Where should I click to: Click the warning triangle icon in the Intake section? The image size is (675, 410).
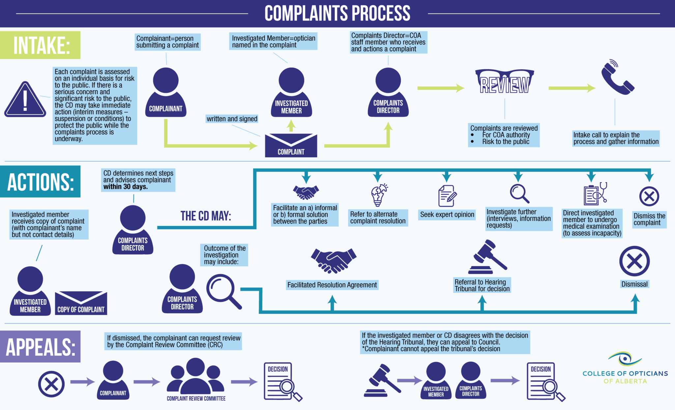click(x=25, y=100)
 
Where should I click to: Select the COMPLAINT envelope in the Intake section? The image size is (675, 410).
click(x=291, y=145)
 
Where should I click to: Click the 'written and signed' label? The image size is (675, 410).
click(x=232, y=119)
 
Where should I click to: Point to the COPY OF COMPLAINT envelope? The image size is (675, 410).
click(x=81, y=303)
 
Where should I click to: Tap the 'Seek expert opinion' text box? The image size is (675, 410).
click(x=447, y=215)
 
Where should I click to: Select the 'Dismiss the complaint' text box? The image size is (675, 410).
click(x=649, y=219)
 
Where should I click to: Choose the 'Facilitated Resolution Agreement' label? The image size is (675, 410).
click(x=332, y=285)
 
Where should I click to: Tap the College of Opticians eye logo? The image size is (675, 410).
click(x=624, y=359)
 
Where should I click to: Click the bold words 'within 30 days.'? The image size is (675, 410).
click(x=126, y=187)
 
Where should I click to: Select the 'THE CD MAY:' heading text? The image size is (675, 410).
click(x=206, y=216)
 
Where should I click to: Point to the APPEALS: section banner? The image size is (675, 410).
click(x=40, y=347)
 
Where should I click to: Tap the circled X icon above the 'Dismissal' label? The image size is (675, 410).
click(x=634, y=261)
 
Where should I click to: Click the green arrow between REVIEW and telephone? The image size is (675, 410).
click(x=572, y=88)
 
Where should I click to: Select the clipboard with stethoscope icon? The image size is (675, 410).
click(x=595, y=194)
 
